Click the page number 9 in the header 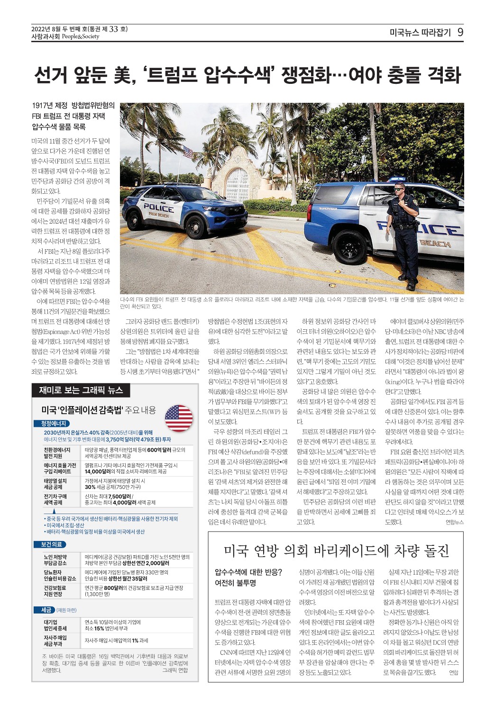[x=460, y=32]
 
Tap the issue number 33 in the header [x=113, y=29]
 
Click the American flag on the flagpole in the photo [x=188, y=152]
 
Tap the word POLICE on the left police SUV [x=158, y=208]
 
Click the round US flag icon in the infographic [x=179, y=418]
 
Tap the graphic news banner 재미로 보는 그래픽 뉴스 [x=81, y=390]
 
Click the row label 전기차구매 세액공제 [x=56, y=499]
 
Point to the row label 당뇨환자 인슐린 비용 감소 [x=60, y=575]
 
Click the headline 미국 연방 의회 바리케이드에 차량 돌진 [x=336, y=550]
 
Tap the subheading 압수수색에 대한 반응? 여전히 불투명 [x=248, y=577]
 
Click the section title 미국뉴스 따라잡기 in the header [x=420, y=33]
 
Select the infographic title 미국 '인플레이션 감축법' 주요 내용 [x=98, y=410]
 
